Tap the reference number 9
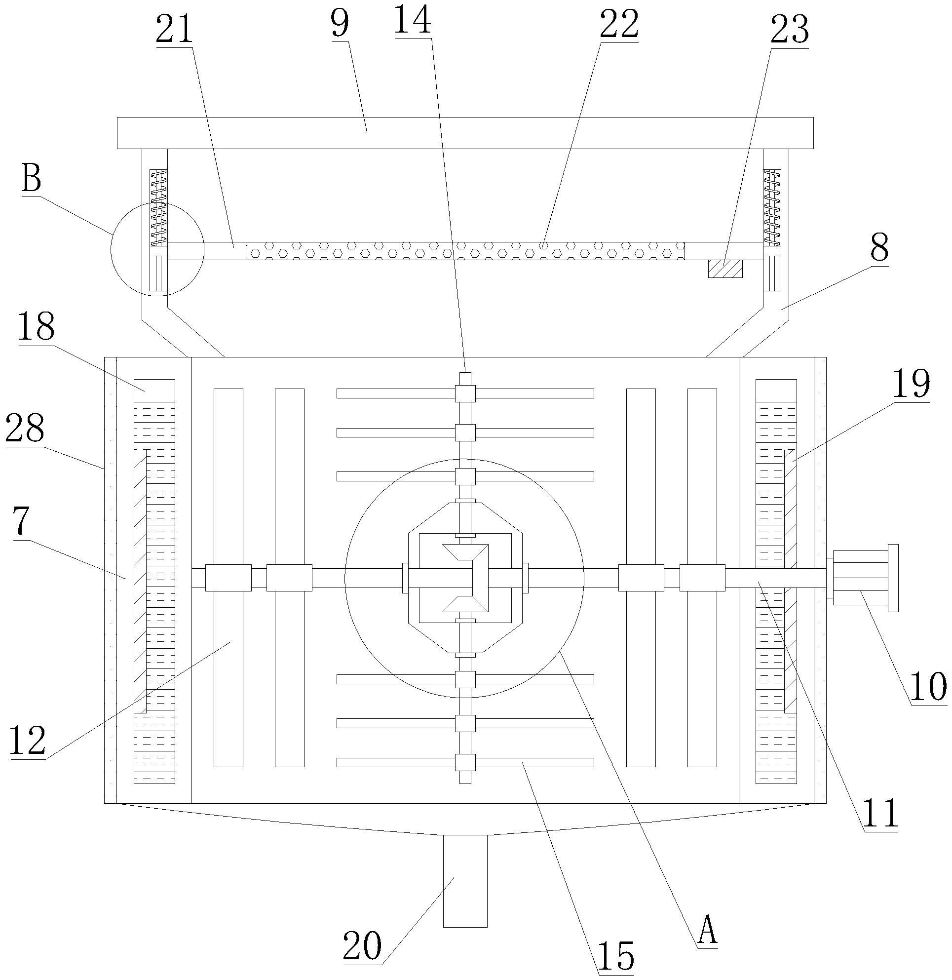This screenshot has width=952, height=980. point(340,24)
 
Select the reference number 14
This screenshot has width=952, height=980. point(413,19)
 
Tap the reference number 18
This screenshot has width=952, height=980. point(37,326)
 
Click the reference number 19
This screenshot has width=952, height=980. point(912,384)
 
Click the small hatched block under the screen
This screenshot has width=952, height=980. point(725,269)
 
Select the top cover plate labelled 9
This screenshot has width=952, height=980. point(465,133)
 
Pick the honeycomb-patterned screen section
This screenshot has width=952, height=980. point(465,251)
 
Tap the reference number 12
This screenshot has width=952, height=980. point(28,741)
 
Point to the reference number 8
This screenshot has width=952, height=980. point(879,249)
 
